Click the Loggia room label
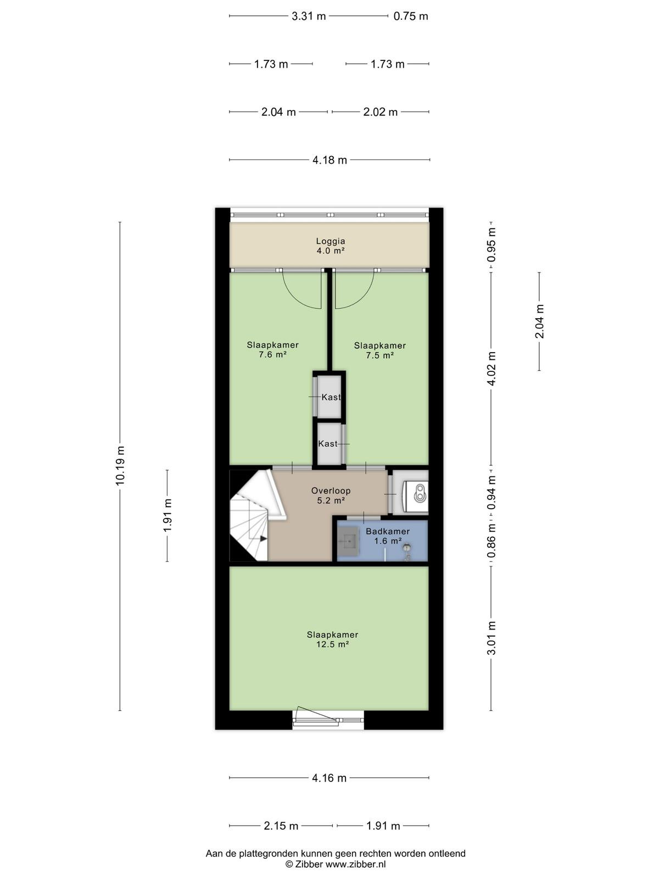(x=331, y=241)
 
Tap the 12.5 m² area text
(x=332, y=644)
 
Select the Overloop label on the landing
(x=331, y=491)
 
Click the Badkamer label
(x=388, y=531)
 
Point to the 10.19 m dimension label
(x=120, y=465)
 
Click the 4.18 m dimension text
(x=329, y=160)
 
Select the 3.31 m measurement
(x=309, y=16)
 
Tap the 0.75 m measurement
(x=411, y=16)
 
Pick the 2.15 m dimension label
(x=281, y=826)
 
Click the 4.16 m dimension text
(x=329, y=778)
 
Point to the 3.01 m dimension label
(x=492, y=638)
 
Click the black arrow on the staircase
(x=263, y=538)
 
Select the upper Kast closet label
(x=331, y=397)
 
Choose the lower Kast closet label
(x=328, y=444)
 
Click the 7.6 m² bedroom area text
(x=273, y=354)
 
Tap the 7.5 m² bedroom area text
(x=380, y=355)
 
